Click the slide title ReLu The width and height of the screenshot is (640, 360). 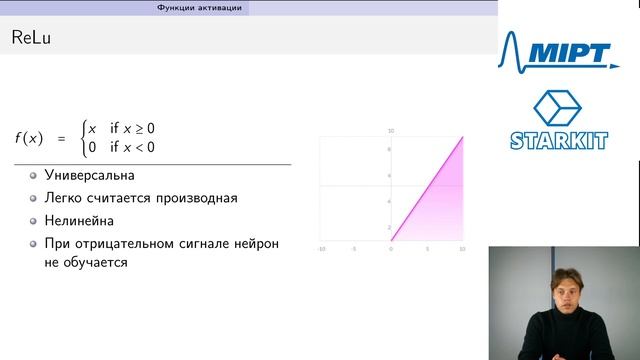(x=31, y=39)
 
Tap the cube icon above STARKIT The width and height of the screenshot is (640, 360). (x=556, y=109)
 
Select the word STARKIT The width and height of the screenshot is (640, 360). (x=559, y=141)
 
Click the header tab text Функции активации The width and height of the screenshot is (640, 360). (x=201, y=7)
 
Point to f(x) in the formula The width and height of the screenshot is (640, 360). (x=29, y=138)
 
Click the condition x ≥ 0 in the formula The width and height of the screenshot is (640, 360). (x=133, y=129)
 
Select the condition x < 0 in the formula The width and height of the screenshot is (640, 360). (x=133, y=148)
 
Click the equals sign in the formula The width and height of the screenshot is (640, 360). (x=59, y=138)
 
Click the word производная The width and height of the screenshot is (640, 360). (x=200, y=198)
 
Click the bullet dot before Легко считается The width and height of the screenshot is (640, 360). (x=33, y=198)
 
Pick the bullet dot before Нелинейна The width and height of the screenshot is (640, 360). (x=33, y=221)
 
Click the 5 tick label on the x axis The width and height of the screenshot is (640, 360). (x=427, y=247)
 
